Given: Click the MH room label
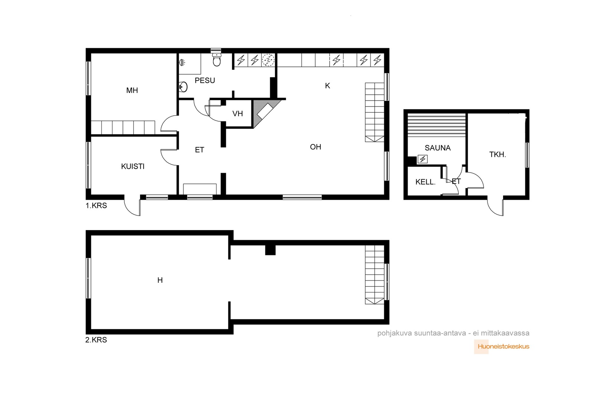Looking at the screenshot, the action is point(132,91).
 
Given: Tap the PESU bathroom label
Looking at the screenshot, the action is point(205,80).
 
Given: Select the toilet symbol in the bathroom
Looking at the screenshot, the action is point(217,60).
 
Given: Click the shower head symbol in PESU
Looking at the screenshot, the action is point(182,63).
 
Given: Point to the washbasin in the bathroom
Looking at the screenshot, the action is point(183,87).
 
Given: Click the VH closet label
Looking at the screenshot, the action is point(238,114).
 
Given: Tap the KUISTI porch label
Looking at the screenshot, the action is point(133,167).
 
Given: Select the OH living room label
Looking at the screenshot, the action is point(316,147).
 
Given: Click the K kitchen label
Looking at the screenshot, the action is point(327,86).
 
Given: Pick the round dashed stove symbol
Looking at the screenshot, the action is point(268,60).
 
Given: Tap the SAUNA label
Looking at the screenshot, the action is point(438,148).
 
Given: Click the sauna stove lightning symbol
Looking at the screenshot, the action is point(422,159).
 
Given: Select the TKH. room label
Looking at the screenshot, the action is point(497,154).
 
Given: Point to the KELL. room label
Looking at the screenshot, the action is point(425,182).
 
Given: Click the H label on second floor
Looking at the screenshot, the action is point(160,280).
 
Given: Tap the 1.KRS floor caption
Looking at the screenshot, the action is point(96,205).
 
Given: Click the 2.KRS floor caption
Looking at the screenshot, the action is point(96,340).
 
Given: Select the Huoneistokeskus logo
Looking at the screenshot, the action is point(502,346).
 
